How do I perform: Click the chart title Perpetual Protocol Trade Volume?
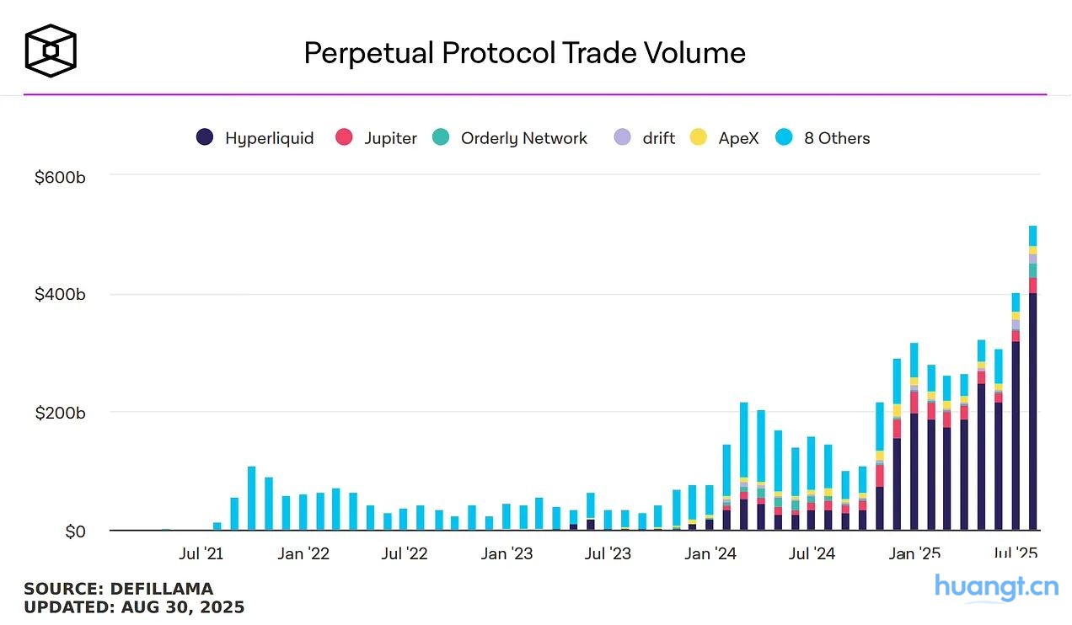coord(524,53)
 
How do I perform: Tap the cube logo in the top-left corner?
coord(51,51)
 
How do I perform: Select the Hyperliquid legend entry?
coord(255,138)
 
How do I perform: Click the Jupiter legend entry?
coord(377,138)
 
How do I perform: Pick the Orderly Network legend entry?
coord(510,138)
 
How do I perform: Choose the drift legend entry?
coord(645,138)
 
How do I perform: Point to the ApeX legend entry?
coord(725,138)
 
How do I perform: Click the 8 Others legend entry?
coord(823,138)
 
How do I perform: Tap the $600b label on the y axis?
coord(60,177)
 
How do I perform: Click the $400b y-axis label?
coord(60,295)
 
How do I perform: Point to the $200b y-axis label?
coord(60,413)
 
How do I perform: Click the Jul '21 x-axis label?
coord(201,553)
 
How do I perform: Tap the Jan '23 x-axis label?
coord(507,553)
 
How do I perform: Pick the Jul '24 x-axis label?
coord(812,553)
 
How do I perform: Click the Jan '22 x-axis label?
coord(303,553)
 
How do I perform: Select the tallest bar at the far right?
coord(1032,379)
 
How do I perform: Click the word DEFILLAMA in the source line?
coord(161,589)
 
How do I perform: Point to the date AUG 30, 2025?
coord(183,606)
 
